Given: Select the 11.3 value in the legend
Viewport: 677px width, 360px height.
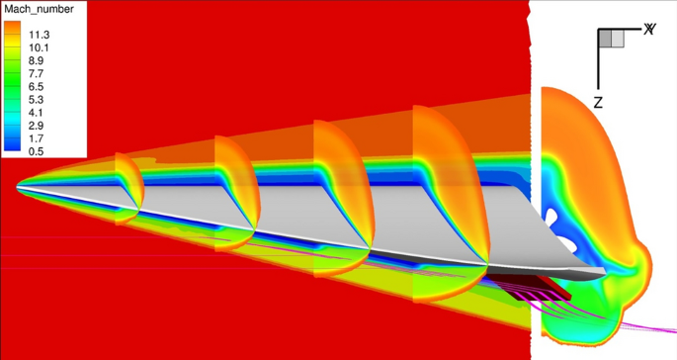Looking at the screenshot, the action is tap(39, 35).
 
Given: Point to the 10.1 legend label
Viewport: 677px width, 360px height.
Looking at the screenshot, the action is tap(39, 47).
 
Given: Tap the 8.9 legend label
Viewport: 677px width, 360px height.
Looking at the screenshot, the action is tap(36, 60).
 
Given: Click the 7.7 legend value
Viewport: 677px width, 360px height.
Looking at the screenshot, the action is tap(36, 73).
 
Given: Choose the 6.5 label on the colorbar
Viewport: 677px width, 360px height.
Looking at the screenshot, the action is tap(36, 86).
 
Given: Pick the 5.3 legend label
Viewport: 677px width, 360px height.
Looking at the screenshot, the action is tap(36, 100).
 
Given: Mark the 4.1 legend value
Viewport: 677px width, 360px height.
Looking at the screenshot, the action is tap(36, 113).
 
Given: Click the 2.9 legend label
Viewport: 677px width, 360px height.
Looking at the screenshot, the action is tap(36, 126).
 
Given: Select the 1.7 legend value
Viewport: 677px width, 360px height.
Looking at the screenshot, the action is tap(36, 138).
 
